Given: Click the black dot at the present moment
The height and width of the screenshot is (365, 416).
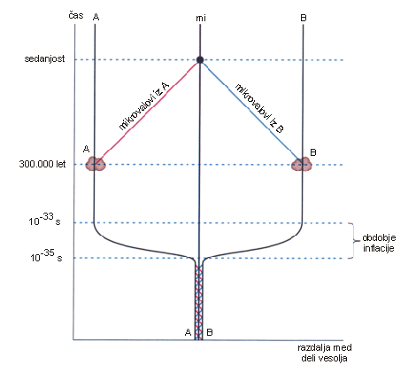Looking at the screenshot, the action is pos(200,60).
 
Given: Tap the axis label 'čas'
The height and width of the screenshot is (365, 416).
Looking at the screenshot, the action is pos(76,15).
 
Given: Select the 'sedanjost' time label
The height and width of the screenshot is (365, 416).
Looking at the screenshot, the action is pos(44,58).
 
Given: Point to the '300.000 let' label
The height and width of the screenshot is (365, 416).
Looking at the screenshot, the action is pos(42,164).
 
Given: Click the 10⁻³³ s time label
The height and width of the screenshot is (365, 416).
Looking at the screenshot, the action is pos(44,220).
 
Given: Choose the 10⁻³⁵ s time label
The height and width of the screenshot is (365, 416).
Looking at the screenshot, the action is pos(46,256).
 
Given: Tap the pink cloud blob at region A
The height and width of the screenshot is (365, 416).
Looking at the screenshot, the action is pos(96,164).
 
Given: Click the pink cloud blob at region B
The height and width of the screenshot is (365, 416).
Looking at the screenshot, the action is pos(302,165).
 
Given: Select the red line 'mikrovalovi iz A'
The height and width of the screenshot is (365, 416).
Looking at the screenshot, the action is pos(148,112).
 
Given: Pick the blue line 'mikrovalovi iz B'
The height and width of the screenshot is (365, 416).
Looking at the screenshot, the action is pos(252,112).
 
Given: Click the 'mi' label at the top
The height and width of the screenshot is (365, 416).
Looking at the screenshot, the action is pos(201,19).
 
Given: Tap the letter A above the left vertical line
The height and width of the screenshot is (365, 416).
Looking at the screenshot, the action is pos(96,17).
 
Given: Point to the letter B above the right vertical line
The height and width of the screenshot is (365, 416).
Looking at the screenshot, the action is pos(304,18).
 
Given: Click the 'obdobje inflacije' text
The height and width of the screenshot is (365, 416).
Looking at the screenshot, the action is pos(379,243).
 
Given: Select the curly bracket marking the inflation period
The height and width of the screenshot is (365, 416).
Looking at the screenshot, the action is pos(353,241).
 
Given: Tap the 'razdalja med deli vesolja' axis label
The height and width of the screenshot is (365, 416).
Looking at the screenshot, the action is pos(325,353).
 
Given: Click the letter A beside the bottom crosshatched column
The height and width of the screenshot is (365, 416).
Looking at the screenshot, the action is pos(188,332).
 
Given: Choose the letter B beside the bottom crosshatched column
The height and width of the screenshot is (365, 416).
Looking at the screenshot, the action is pos(210,332).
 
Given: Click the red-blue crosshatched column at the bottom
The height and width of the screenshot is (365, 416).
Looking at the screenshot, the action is pos(199,302).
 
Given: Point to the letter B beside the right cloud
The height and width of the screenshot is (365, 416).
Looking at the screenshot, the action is pos(313,152).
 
